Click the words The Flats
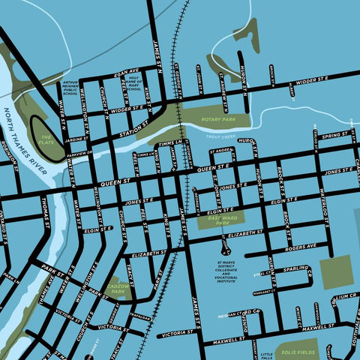click(x=46, y=140)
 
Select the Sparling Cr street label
click(x=297, y=268)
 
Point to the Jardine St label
click(x=76, y=139)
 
